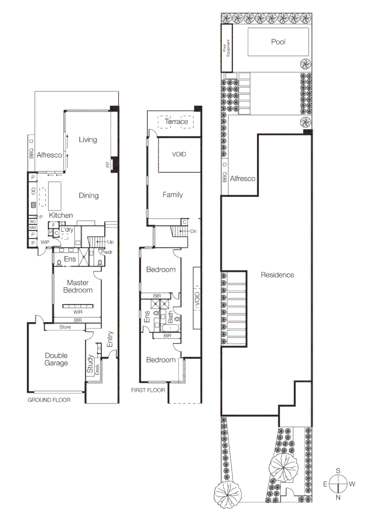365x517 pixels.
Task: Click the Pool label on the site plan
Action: pos(278,42)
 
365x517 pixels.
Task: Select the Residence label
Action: pos(277,275)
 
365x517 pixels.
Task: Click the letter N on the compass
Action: pos(338,498)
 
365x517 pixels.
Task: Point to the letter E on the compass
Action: pos(325,484)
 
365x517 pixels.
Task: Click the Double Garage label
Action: pos(56,359)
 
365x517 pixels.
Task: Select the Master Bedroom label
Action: pos(79,286)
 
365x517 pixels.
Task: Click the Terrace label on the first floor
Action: pos(177,122)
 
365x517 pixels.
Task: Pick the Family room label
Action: pos(172,195)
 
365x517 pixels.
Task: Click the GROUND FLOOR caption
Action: pos(49,400)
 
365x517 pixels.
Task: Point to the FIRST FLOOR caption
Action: pos(148,390)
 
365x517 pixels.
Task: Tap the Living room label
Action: pos(88,140)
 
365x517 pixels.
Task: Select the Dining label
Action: pos(89,195)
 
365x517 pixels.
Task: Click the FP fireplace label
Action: pos(107,165)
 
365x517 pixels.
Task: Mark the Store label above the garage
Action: pos(65,327)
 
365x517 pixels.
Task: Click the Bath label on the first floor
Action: pos(170,316)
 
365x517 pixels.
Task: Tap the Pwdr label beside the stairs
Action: pos(106,252)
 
